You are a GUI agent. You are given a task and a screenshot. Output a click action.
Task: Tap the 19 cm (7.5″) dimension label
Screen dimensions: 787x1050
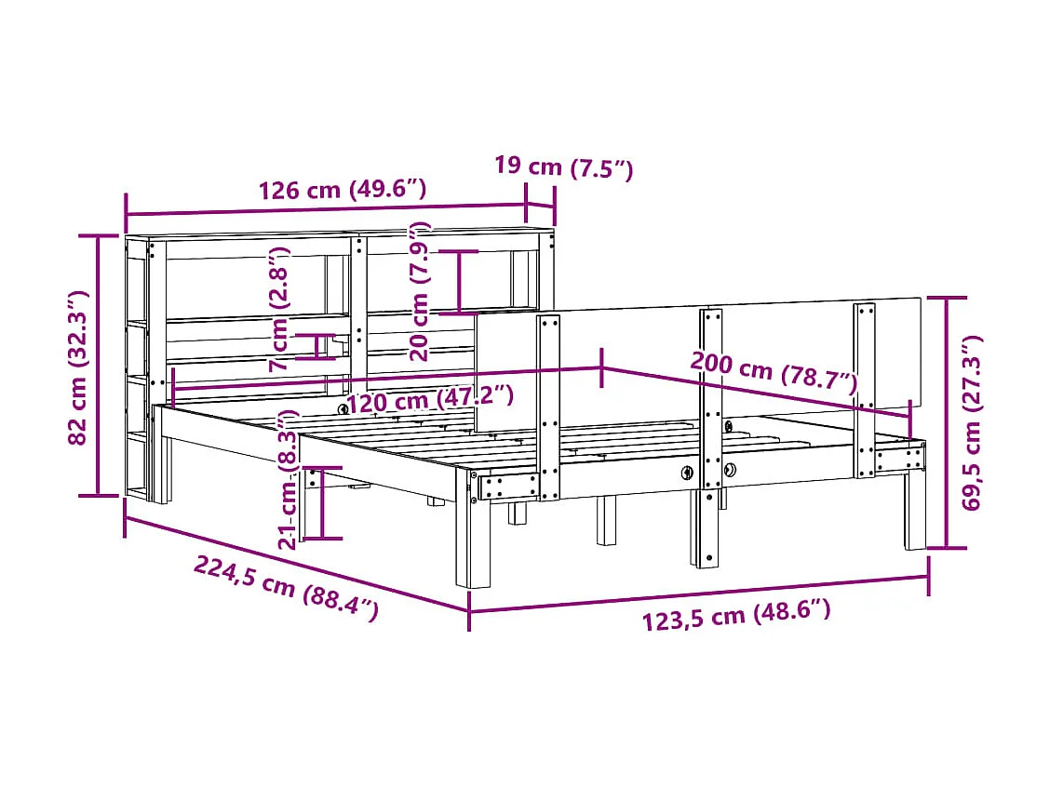coord(563,167)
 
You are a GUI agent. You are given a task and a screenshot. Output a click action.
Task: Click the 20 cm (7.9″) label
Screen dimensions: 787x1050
coord(421,291)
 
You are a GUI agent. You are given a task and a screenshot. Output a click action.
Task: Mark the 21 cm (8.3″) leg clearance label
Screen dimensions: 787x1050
coord(288,480)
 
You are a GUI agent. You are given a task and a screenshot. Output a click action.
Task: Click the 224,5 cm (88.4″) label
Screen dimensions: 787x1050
coord(287,588)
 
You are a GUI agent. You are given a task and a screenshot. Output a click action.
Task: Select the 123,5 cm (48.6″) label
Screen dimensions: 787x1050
coord(735,615)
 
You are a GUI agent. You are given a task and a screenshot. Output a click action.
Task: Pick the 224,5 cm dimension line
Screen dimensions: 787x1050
coord(296,564)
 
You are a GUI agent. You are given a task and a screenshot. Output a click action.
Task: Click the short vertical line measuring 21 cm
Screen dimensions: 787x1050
coord(320,502)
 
